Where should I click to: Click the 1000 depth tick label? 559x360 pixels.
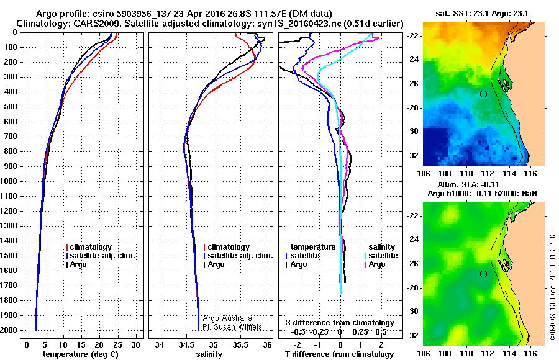[x=10, y=181]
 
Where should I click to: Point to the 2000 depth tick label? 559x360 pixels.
[x=10, y=330]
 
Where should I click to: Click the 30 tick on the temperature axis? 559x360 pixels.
[x=137, y=344]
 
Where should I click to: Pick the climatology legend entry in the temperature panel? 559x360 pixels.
[x=91, y=247]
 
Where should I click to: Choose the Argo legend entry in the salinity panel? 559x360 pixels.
[x=216, y=264]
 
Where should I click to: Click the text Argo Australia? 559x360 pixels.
[x=228, y=318]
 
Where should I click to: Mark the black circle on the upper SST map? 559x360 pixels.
[x=483, y=94]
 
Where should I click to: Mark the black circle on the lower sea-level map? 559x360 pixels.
[x=483, y=274]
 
